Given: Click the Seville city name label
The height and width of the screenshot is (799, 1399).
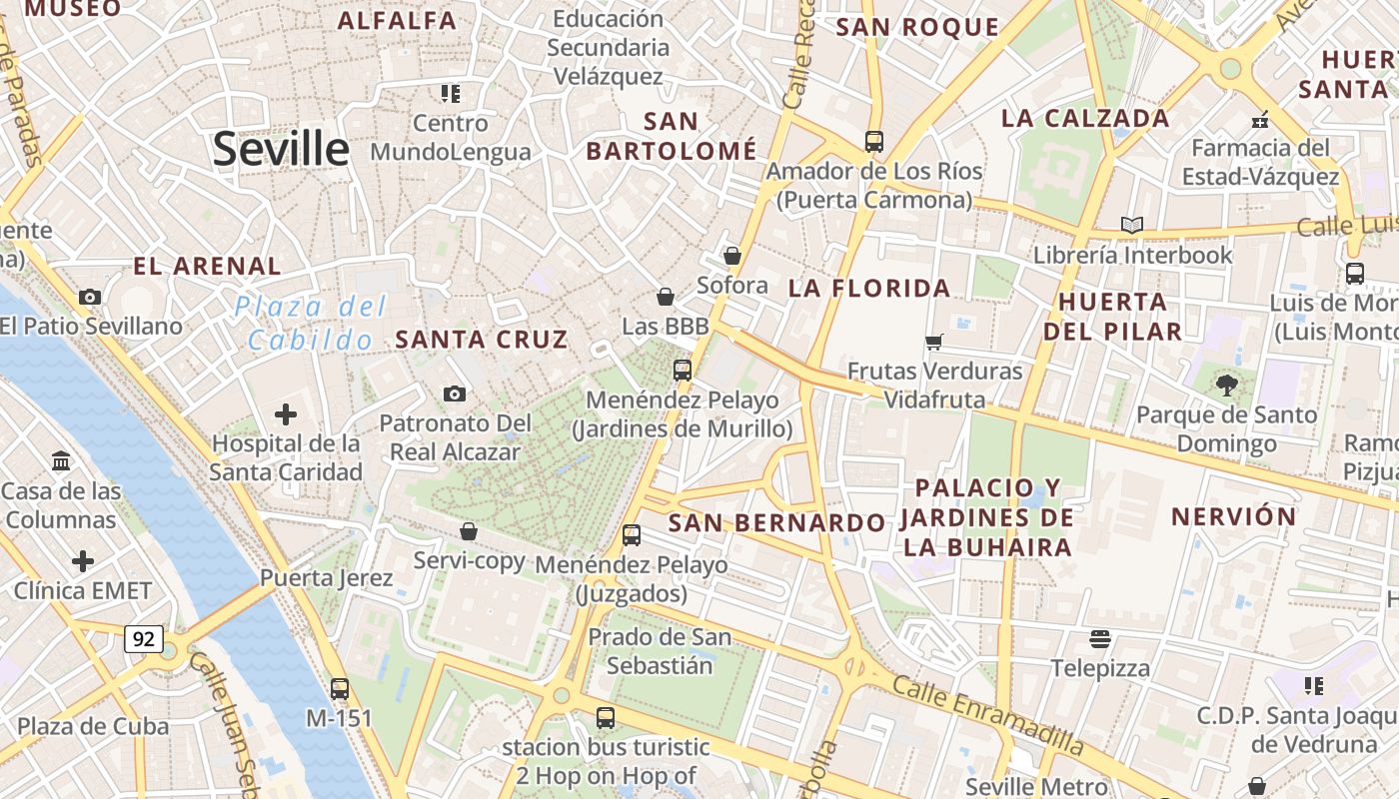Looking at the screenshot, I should pyautogui.click(x=281, y=149).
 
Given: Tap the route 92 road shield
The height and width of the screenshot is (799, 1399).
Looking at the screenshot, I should pyautogui.click(x=144, y=638).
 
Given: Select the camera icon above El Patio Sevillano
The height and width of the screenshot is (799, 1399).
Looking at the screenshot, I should pyautogui.click(x=90, y=297).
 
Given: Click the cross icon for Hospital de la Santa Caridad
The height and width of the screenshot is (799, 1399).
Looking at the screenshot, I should pyautogui.click(x=286, y=413).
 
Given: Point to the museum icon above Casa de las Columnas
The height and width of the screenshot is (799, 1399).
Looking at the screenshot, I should pyautogui.click(x=61, y=461).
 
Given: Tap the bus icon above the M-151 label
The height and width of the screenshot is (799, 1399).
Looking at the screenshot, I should pyautogui.click(x=340, y=688).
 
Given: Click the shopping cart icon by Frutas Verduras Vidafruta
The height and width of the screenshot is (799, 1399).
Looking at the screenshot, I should pyautogui.click(x=934, y=343).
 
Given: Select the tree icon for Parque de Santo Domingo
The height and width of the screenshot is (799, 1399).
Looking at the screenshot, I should pyautogui.click(x=1226, y=385).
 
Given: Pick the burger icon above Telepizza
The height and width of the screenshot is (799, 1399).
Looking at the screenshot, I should pyautogui.click(x=1100, y=638).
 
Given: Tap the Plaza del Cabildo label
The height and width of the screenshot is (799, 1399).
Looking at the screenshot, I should pyautogui.click(x=311, y=323).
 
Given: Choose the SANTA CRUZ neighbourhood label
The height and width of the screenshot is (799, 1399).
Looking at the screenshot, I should pyautogui.click(x=482, y=340).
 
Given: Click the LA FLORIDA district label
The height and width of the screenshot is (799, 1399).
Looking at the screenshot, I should pyautogui.click(x=869, y=289).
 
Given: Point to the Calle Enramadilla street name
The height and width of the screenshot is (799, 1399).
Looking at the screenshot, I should pyautogui.click(x=987, y=714).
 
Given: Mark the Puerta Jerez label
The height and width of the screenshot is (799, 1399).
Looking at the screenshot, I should pyautogui.click(x=326, y=577).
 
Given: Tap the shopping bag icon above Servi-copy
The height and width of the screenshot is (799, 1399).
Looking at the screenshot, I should pyautogui.click(x=468, y=531).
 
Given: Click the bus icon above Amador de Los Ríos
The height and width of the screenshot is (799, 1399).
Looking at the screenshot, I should pyautogui.click(x=873, y=142).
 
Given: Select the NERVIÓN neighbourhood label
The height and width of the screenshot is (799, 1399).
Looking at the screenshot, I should pyautogui.click(x=1233, y=516).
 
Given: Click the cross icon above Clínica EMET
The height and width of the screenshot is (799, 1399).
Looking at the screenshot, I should pyautogui.click(x=83, y=561).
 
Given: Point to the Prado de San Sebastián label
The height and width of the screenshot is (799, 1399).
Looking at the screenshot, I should pyautogui.click(x=660, y=651).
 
